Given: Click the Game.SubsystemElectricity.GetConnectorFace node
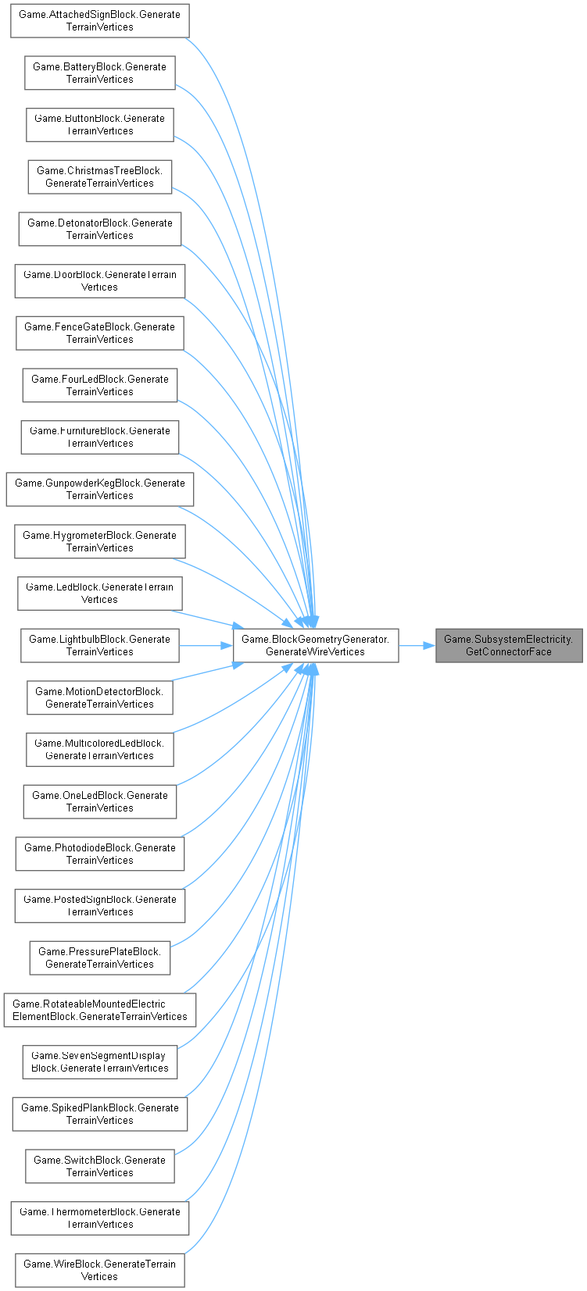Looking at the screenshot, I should point(509,646).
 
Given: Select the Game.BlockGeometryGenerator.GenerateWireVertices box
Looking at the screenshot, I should point(316,646).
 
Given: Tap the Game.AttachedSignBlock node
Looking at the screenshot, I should point(99,21).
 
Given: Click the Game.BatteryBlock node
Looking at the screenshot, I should point(99,73).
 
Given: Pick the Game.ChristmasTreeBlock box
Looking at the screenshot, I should point(99,177).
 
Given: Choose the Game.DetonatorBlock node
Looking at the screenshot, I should point(99,229).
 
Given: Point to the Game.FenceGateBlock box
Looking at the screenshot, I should point(99,333).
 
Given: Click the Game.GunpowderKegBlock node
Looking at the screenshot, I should point(99,490).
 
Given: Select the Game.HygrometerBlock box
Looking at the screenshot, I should point(99,541).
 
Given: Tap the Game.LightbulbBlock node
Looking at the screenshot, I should point(99,646).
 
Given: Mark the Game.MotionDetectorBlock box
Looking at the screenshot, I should point(99,697).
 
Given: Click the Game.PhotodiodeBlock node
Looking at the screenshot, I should point(99,854).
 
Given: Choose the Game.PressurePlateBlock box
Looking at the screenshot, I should point(99,958).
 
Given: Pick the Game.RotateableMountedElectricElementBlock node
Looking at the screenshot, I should point(99,1010).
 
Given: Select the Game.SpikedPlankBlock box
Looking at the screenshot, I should point(99,1114).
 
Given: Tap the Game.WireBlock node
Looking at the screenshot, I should point(99,1271).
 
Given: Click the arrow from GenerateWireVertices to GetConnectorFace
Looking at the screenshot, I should point(417,646).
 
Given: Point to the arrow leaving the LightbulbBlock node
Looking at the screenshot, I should point(206,646).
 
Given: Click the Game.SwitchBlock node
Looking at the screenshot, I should point(99,1166).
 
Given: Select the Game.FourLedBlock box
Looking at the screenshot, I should point(99,385).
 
